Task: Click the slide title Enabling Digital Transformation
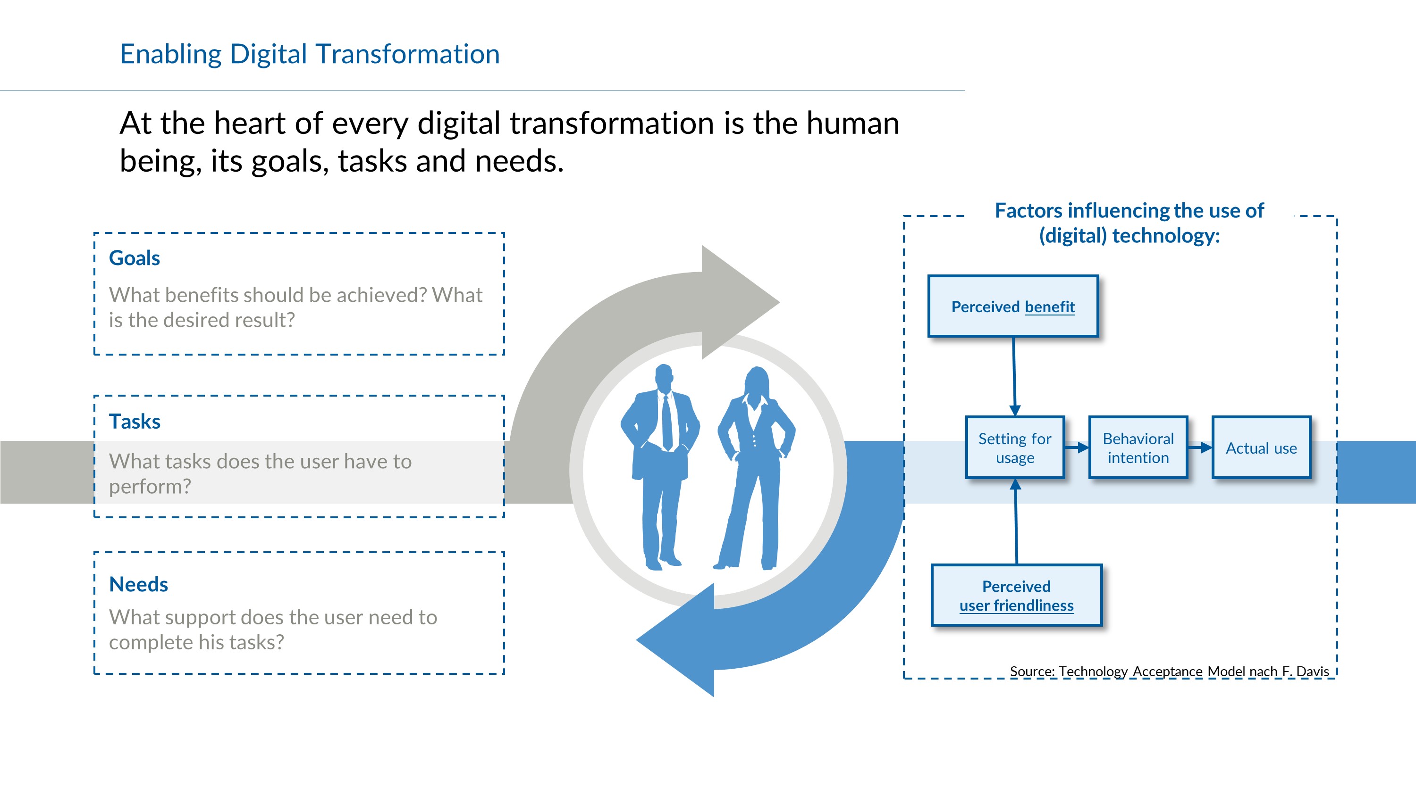[x=310, y=54]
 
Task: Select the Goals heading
[x=134, y=257]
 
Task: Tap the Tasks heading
[x=135, y=422]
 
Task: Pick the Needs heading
[x=138, y=584]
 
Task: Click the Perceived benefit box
[x=1013, y=306]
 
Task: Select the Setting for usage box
[x=1015, y=448]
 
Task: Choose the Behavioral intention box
[x=1138, y=448]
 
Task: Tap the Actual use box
[x=1261, y=448]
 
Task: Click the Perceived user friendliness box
[x=1016, y=595]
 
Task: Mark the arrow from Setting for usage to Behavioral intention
[x=1077, y=448]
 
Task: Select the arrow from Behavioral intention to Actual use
[x=1200, y=448]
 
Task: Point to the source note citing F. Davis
[x=1169, y=672]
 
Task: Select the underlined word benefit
[x=1050, y=307]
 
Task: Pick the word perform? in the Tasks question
[x=150, y=487]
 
